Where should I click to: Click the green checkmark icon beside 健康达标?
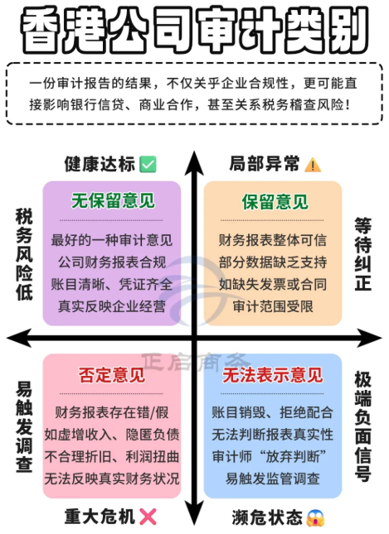[148, 164]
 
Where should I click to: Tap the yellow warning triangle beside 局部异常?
[313, 165]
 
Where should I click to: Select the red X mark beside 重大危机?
[148, 517]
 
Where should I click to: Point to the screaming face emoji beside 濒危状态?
[315, 518]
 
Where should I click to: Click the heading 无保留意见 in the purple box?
[113, 200]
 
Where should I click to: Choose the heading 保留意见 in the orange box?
[275, 202]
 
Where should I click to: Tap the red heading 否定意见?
[112, 374]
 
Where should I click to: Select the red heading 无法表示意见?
[272, 374]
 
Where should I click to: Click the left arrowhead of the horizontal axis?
[19, 338]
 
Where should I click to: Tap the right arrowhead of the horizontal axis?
[369, 338]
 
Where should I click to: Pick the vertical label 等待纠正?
[363, 254]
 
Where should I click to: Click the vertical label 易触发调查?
[24, 426]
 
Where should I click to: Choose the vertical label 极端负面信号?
[363, 426]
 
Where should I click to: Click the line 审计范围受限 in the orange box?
[273, 306]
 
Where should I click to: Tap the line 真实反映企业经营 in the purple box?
[112, 306]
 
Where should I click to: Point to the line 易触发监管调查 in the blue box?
[273, 479]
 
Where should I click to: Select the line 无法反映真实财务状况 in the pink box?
[112, 479]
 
